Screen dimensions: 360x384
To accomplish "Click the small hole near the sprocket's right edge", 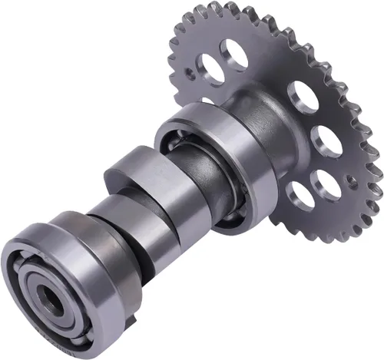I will click(351, 181).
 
